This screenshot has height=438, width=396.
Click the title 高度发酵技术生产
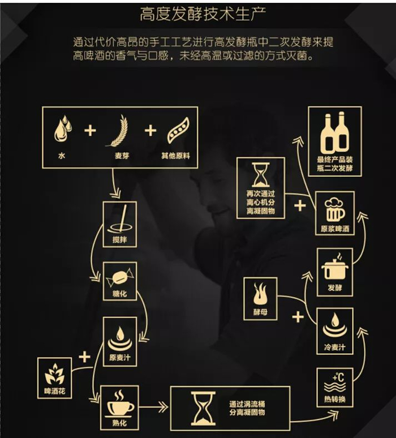click(x=203, y=14)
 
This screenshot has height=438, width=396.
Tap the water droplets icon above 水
click(x=63, y=129)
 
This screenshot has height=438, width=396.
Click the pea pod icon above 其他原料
click(x=178, y=131)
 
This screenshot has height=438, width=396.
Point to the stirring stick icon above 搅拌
click(x=120, y=220)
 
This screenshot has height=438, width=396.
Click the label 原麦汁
click(x=120, y=357)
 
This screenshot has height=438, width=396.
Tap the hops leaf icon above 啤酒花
click(x=55, y=374)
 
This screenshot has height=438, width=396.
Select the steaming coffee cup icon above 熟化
click(x=120, y=402)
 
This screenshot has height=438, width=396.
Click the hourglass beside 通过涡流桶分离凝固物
click(x=203, y=408)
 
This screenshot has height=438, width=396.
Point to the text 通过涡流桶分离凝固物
click(x=247, y=408)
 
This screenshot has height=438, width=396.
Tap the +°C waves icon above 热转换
click(x=335, y=383)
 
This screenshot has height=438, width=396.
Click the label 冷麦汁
click(x=335, y=347)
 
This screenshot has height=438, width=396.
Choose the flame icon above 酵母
click(x=260, y=293)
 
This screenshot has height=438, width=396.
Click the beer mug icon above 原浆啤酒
click(x=335, y=210)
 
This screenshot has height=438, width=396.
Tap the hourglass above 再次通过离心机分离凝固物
click(x=260, y=175)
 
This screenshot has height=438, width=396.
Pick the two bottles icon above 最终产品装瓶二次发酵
click(x=335, y=132)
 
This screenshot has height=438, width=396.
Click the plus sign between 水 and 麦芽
click(x=90, y=131)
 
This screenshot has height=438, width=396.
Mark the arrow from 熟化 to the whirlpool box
click(x=153, y=407)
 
